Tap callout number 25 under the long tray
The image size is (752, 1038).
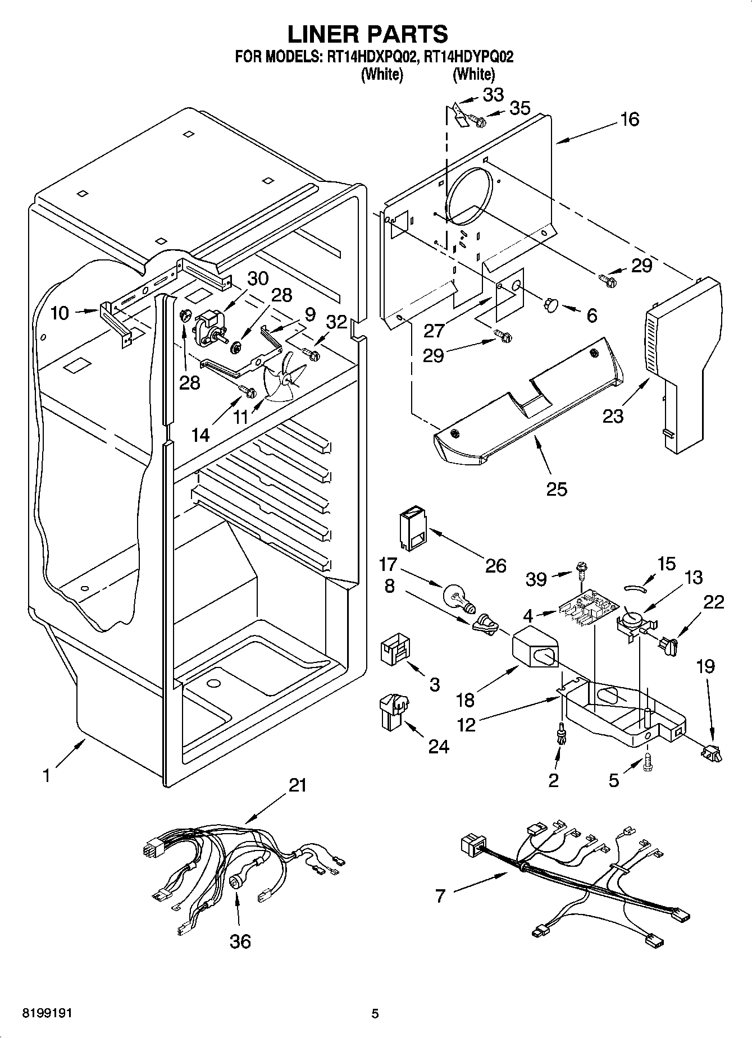[x=557, y=489]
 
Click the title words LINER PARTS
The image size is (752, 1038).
[x=368, y=34]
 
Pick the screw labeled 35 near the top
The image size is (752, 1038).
[x=477, y=120]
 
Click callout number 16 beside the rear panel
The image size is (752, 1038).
[x=630, y=119]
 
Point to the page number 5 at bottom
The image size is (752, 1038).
[x=375, y=1014]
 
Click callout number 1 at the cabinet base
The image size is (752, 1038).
[x=47, y=776]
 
